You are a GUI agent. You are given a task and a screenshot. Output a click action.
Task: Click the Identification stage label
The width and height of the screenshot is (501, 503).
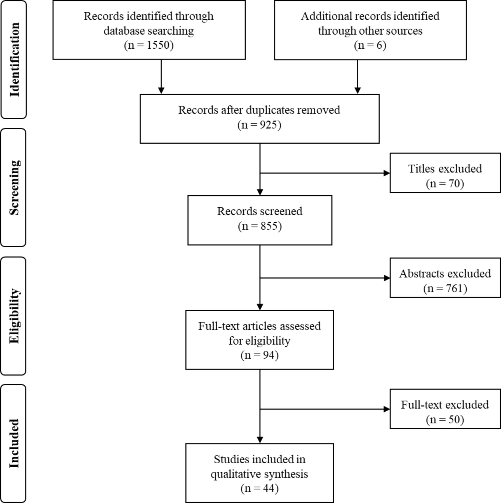[x=15, y=60]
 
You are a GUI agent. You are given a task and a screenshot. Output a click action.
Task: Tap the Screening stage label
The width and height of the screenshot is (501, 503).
[x=15, y=188]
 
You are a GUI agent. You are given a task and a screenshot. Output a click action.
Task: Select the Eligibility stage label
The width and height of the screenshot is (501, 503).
[x=15, y=316]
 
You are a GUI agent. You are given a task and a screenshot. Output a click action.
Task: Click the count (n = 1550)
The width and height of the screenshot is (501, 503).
[x=149, y=45]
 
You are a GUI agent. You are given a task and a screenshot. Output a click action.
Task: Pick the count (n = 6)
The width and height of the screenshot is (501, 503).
[x=370, y=45]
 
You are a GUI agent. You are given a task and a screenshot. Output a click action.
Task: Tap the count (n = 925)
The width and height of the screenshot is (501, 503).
[x=259, y=125]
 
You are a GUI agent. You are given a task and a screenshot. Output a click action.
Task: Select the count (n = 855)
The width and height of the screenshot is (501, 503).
[x=260, y=226]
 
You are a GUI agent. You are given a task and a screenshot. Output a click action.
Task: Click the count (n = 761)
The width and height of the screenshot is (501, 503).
[x=445, y=288]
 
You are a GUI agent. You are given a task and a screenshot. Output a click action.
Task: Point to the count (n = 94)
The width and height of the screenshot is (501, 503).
[x=260, y=355]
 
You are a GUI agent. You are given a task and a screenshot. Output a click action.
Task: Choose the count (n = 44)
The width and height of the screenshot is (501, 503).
[x=260, y=488]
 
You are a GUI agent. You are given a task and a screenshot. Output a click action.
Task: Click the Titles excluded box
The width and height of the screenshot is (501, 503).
[x=445, y=173]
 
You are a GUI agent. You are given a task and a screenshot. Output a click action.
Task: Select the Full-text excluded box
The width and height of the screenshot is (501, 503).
[x=445, y=409]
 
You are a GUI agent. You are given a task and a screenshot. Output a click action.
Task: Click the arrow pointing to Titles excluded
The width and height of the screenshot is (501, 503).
[x=325, y=173]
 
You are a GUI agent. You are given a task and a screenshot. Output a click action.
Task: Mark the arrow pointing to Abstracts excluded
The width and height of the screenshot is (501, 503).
[x=325, y=278]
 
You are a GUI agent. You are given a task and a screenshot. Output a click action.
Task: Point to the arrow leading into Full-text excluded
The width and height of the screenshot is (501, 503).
[x=325, y=409]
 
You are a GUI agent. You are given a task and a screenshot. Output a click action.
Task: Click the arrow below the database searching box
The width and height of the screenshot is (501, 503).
[x=161, y=77]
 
